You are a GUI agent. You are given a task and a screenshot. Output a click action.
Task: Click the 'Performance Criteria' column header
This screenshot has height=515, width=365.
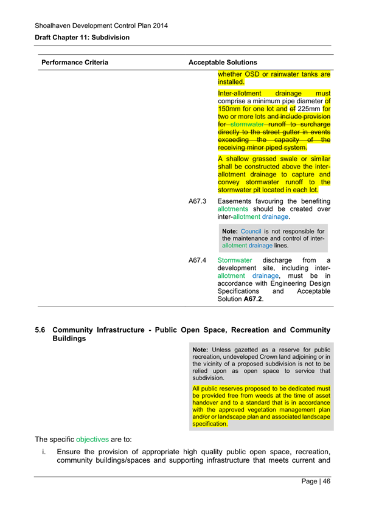pos(74,62)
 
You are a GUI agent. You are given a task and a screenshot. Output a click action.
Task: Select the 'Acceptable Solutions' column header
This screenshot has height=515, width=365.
pos(223,62)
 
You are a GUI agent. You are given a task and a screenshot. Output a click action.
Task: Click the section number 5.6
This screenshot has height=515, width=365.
pos(40,330)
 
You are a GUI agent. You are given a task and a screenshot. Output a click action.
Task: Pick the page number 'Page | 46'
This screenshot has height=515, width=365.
pos(316,482)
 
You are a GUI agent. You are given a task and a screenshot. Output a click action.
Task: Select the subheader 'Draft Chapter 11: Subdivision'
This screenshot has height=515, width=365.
pos(82,38)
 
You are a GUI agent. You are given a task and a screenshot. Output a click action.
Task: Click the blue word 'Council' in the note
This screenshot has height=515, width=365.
pos(251,231)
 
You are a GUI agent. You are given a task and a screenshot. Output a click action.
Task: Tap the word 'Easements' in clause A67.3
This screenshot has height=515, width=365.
pos(238,201)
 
